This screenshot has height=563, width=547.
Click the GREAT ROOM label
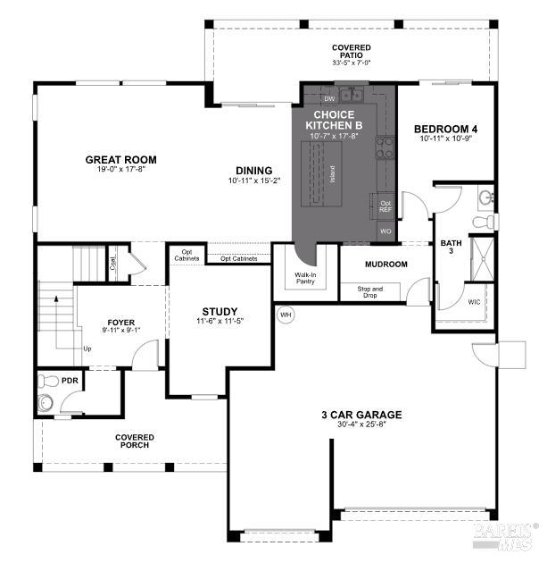pos(120,160)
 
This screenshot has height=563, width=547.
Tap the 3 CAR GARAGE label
pos(361,415)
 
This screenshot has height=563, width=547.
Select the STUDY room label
pos(220,311)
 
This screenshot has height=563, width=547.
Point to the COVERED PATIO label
pos(351,52)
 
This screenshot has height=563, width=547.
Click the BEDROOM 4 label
pos(443,130)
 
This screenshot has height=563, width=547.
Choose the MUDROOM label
pos(386,265)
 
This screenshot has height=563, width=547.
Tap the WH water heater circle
pos(286,315)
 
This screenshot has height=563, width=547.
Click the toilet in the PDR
pos(48,402)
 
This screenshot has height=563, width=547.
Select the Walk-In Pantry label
pos(306,278)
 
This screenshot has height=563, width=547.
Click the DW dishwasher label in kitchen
pos(329,98)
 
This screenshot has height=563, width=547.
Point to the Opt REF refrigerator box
pos(385,206)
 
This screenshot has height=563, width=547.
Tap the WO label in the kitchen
pos(385,231)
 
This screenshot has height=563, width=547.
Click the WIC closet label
pos(473,302)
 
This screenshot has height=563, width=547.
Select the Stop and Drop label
pos(369,292)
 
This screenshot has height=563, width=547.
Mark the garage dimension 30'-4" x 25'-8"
pos(361,426)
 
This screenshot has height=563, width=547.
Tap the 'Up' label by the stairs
pos(87,349)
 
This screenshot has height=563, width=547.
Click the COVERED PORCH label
pos(134,441)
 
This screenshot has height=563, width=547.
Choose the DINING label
pos(253,171)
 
